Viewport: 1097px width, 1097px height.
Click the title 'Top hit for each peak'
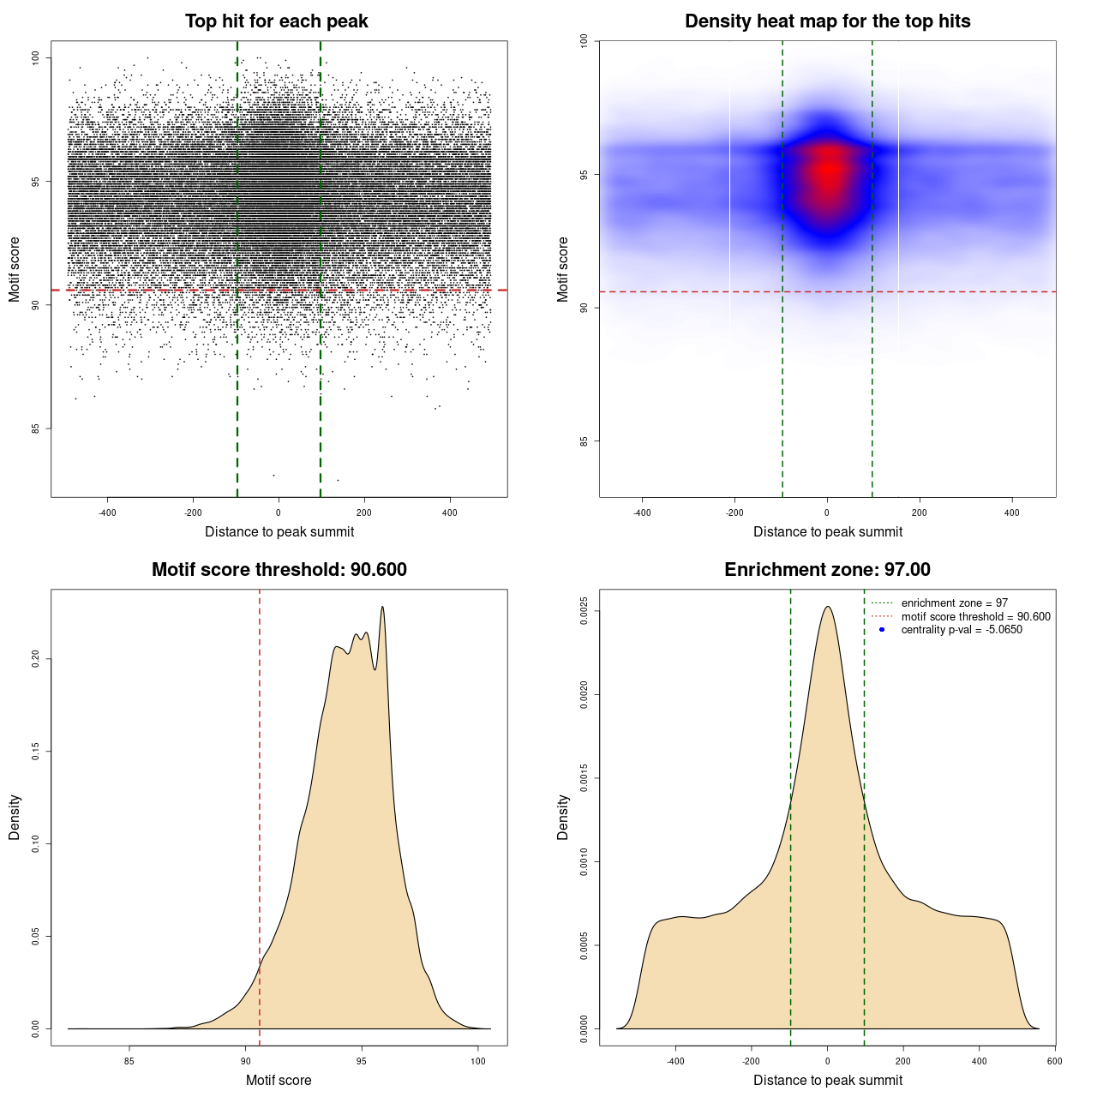coord(276,21)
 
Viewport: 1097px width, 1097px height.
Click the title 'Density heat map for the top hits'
coord(827,21)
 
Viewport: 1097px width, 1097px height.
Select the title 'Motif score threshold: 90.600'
coord(279,570)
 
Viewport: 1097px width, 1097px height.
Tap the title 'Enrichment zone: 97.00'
coord(827,570)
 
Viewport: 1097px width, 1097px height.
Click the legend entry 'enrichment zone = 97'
coord(954,603)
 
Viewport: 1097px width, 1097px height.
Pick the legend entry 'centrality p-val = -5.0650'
coord(962,630)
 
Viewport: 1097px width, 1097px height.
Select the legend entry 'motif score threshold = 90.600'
coord(975,617)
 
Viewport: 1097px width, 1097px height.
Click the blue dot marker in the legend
coord(882,630)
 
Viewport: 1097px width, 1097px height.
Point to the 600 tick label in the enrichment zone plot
coord(1054,1061)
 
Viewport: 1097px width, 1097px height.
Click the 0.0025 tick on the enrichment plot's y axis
coord(584,611)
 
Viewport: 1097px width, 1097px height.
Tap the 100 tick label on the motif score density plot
coord(478,1061)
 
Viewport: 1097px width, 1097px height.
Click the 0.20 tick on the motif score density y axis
coord(36,658)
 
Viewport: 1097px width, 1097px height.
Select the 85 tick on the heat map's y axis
coord(584,441)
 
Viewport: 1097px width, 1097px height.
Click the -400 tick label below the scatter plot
coord(107,513)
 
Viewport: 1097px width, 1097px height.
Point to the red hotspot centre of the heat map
coord(828,170)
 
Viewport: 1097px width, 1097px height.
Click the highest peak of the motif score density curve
coord(382,608)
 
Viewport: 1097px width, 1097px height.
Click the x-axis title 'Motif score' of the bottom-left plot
coord(279,1080)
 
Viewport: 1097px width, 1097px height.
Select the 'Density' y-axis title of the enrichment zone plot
coord(563,817)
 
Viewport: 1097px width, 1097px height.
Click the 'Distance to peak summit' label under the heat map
coord(827,531)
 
